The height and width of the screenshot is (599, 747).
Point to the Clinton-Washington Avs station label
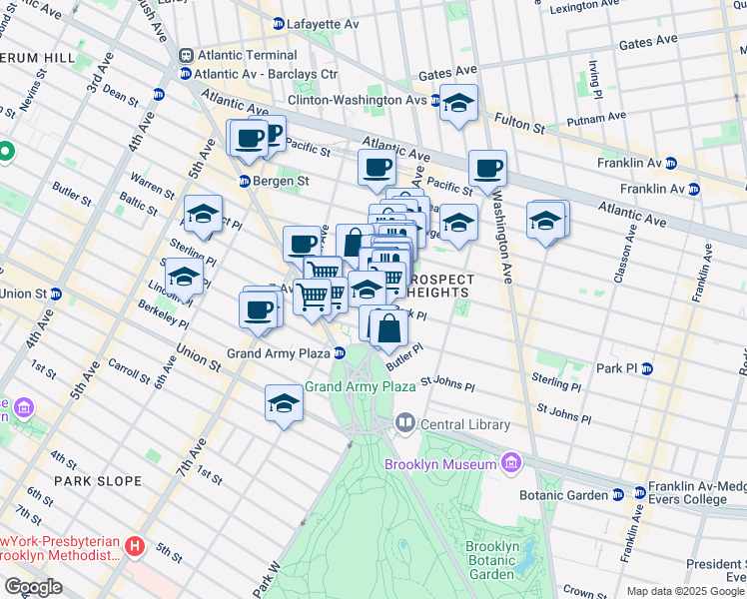pyautogui.click(x=358, y=101)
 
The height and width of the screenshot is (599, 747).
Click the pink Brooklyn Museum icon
pyautogui.click(x=511, y=463)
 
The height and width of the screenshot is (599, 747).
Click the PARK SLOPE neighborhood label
pyautogui.click(x=98, y=481)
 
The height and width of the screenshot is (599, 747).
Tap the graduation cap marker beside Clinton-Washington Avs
pyautogui.click(x=458, y=104)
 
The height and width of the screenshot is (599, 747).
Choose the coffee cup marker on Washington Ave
pyautogui.click(x=487, y=169)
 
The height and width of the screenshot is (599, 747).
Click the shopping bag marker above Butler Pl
pyautogui.click(x=388, y=326)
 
